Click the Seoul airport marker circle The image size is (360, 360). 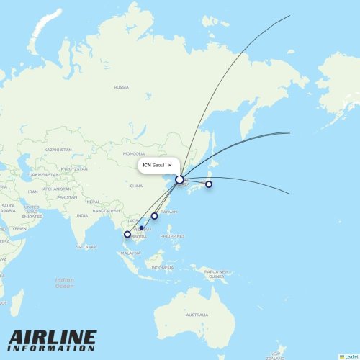[179, 179]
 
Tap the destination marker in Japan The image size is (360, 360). [209, 184]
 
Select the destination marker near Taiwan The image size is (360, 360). [154, 216]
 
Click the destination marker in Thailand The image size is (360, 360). [128, 234]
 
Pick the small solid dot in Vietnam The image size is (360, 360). [141, 228]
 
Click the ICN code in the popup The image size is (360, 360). [147, 165]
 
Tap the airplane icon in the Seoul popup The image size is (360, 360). [170, 165]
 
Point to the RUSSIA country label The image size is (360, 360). [121, 87]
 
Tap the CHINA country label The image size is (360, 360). [136, 186]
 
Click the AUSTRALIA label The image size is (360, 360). [197, 315]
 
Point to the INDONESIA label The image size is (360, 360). [162, 267]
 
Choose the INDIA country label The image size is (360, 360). [83, 215]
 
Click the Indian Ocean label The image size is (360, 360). [64, 283]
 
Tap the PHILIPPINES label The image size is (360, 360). [173, 235]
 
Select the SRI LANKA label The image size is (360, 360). [86, 246]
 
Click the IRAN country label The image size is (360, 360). [32, 192]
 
